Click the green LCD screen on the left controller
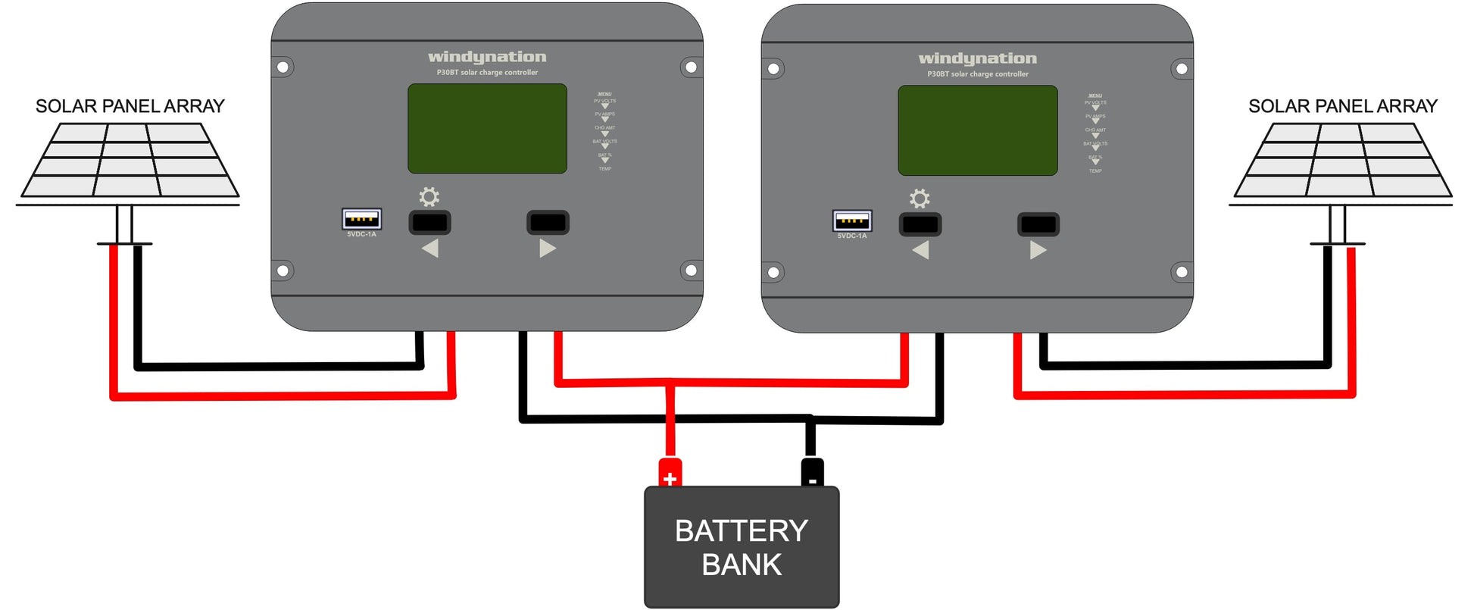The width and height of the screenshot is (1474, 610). (487, 128)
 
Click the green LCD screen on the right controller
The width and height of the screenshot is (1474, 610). (977, 130)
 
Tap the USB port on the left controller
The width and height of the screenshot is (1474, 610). (361, 219)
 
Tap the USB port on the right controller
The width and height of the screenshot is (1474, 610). (852, 221)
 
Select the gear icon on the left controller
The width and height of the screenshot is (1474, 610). (429, 197)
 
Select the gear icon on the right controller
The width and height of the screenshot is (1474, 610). (920, 199)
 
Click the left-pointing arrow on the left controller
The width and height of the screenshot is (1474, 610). (430, 248)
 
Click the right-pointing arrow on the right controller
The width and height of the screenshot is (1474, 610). (1038, 250)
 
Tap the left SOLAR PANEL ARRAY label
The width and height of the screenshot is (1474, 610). (130, 106)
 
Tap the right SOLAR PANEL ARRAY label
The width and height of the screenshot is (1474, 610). (1342, 106)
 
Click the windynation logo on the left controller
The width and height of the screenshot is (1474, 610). (487, 57)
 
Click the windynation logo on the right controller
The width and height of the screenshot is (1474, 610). (977, 58)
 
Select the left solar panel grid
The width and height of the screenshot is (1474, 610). (129, 160)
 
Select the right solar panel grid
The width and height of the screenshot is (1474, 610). (1342, 160)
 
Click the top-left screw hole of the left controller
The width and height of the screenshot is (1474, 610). (283, 67)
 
